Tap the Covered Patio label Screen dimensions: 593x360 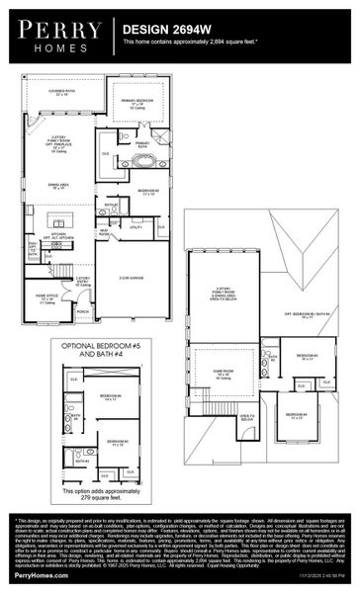[x=67, y=93]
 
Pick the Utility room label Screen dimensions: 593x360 [x=136, y=226]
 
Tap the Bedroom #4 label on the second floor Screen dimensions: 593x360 [x=296, y=414]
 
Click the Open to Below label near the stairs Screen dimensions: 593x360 [x=246, y=418]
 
